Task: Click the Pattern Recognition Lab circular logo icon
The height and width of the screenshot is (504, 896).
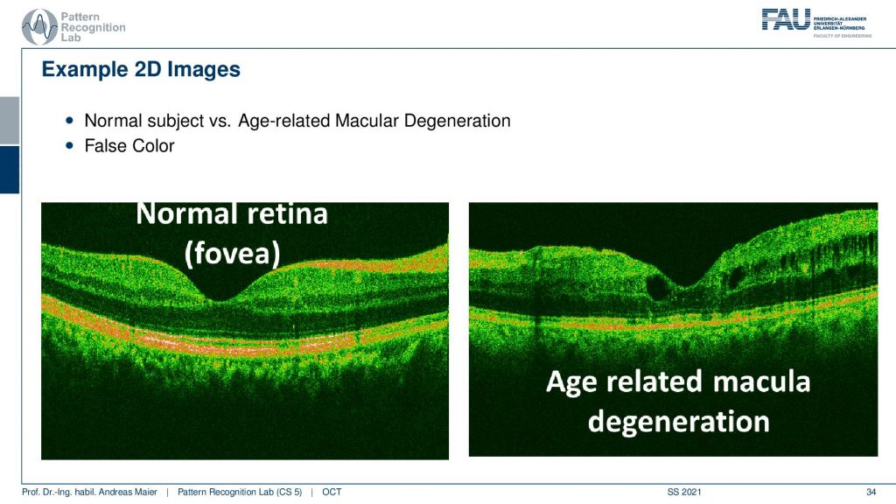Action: [39, 26]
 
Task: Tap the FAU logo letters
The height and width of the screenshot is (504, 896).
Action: [787, 19]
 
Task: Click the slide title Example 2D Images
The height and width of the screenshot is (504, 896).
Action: [141, 69]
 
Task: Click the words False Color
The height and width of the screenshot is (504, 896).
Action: [129, 146]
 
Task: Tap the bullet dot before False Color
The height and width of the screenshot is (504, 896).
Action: [70, 146]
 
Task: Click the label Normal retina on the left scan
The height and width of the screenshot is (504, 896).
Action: [232, 214]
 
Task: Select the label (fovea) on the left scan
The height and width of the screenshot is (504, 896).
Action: [232, 253]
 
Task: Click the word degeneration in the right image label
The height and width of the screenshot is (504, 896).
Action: [679, 421]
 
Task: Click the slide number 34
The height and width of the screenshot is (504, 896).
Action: [871, 492]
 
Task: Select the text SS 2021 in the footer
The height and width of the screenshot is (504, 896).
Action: [684, 492]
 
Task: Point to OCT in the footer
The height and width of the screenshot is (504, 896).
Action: [332, 492]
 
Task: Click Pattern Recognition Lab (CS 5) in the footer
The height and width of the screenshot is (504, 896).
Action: [240, 492]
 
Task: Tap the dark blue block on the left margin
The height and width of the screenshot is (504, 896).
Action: [10, 170]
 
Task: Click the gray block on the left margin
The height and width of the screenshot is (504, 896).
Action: [10, 121]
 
